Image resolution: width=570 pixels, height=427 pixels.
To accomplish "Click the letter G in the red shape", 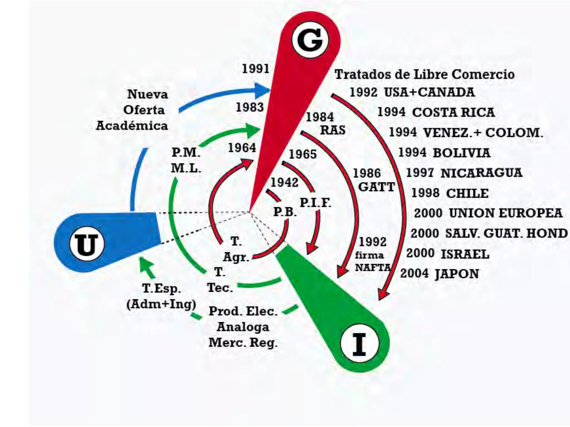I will [x=310, y=40].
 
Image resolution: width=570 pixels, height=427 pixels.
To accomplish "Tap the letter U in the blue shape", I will [x=87, y=244].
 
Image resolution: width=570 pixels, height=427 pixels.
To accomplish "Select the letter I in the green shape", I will [x=359, y=344].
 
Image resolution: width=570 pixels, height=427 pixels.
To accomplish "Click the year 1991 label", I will [x=255, y=69].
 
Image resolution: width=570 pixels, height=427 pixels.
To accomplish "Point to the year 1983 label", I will [x=250, y=107].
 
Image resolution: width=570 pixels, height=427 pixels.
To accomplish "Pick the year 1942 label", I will [x=284, y=183].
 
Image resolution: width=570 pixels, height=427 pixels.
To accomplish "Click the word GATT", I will [x=376, y=187].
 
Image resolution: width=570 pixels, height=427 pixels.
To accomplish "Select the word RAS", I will [x=333, y=130].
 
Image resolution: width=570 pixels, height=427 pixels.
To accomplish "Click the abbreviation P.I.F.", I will [x=315, y=203].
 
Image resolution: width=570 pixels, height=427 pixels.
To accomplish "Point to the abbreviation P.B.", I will [x=285, y=212].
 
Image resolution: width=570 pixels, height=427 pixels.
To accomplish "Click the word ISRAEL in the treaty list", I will [x=465, y=254].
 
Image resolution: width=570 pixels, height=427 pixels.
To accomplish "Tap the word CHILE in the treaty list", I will [x=467, y=193].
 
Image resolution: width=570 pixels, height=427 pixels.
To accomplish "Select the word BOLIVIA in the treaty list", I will [x=461, y=153].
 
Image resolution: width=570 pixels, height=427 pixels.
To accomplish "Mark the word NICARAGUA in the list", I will [x=481, y=173].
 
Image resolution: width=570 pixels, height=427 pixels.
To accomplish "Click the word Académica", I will [x=132, y=126].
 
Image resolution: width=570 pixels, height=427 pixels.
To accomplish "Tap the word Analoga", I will [x=243, y=327].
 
